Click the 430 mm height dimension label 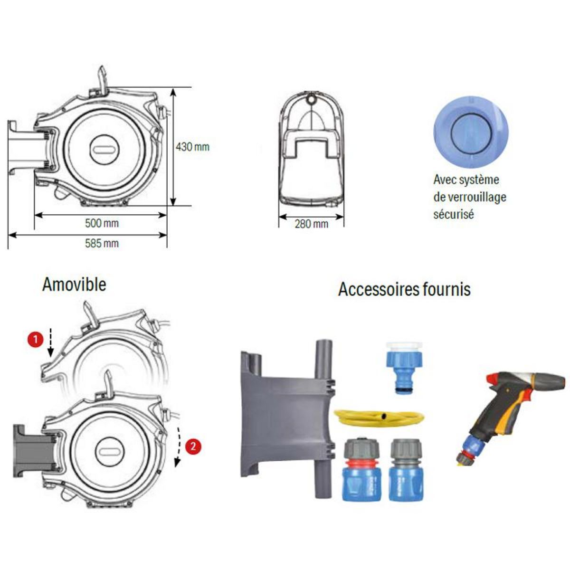[x=192, y=147]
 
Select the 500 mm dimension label [x=102, y=223]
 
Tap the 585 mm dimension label [x=102, y=244]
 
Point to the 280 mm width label [x=311, y=224]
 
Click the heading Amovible [x=74, y=285]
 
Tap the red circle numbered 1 [x=34, y=340]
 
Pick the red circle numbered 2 [x=192, y=446]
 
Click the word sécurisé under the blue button [x=453, y=214]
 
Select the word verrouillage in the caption [x=476, y=197]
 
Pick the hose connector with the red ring [x=359, y=470]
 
